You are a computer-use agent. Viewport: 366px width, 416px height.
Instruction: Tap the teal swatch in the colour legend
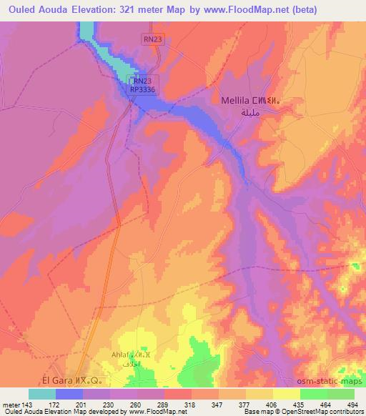tap(42, 393)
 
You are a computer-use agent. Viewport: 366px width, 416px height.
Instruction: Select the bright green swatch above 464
tap(314, 393)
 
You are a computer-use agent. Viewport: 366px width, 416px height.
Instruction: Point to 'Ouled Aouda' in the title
tap(35, 10)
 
